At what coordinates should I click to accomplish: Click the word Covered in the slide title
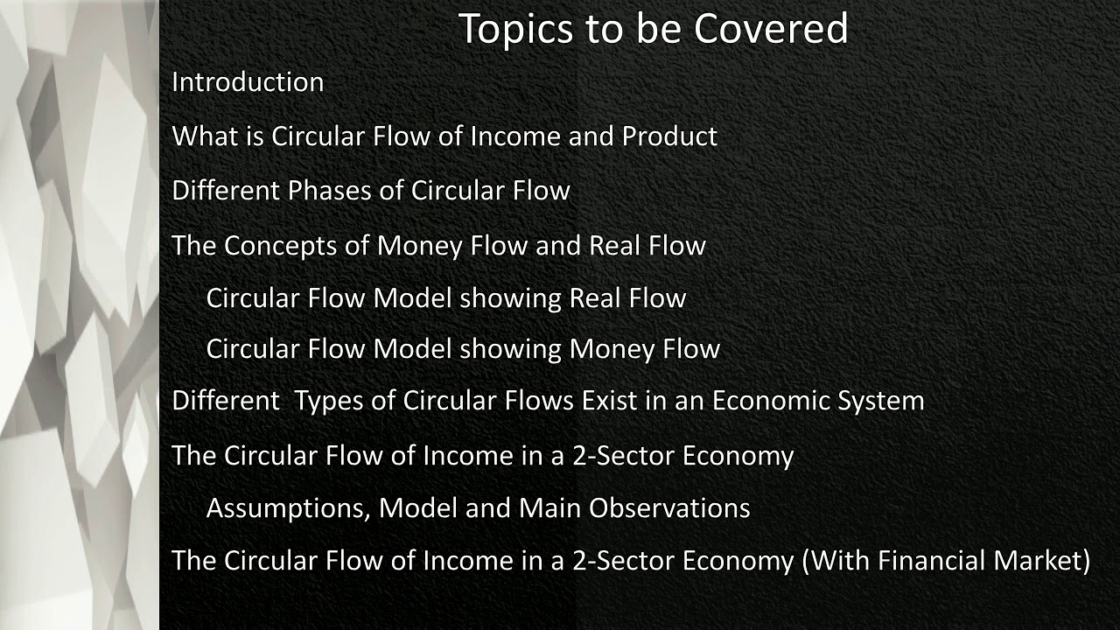(771, 28)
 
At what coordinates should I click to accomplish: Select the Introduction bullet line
(248, 82)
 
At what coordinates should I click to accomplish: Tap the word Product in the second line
(669, 136)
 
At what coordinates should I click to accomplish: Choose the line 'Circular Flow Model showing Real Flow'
(445, 298)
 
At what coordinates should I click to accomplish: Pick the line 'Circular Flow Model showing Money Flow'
(463, 349)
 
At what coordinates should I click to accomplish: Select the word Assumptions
(288, 508)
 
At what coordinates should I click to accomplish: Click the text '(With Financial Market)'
(946, 560)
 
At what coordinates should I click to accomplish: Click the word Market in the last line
(1040, 560)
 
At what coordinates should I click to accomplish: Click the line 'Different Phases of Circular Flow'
(371, 191)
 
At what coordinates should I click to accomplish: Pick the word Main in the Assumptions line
(551, 508)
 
